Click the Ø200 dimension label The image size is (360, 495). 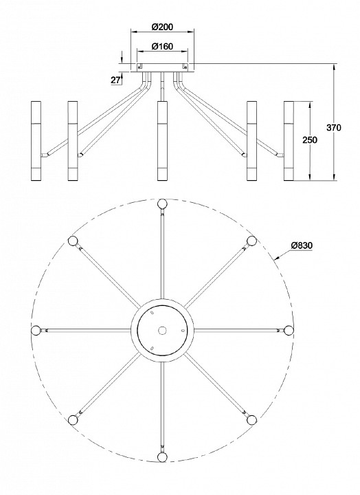click(x=162, y=27)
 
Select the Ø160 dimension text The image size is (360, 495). click(x=162, y=47)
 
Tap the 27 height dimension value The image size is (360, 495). click(x=115, y=80)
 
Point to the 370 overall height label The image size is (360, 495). click(x=333, y=128)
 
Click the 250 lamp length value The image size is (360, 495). click(x=310, y=140)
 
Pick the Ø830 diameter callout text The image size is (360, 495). click(x=302, y=245)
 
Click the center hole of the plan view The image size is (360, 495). click(x=162, y=330)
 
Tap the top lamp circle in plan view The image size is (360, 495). click(x=162, y=203)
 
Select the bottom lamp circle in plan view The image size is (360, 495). click(x=162, y=457)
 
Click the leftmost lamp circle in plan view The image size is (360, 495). click(x=36, y=330)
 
